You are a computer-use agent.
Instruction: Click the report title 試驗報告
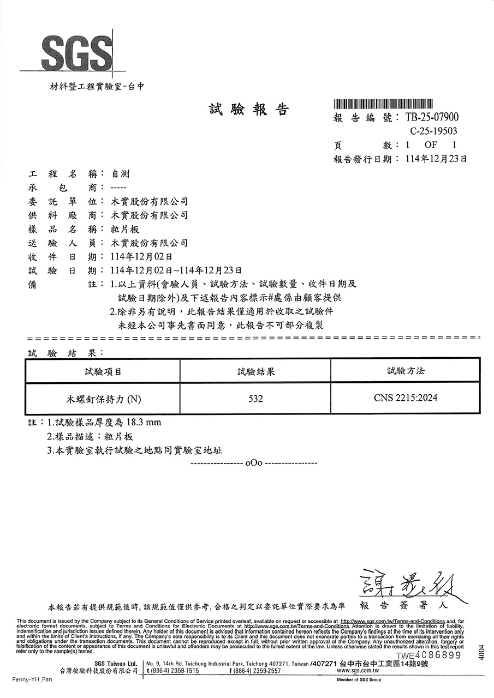tap(248, 110)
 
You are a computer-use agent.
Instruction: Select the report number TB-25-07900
tap(432, 117)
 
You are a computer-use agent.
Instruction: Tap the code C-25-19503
tap(433, 131)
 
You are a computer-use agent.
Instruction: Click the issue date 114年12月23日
tap(436, 159)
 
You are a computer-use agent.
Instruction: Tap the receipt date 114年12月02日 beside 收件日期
tap(141, 256)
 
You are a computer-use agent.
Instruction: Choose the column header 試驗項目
tap(103, 371)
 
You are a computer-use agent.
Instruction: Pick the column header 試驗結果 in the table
tap(255, 371)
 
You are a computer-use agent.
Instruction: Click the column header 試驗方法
tap(405, 371)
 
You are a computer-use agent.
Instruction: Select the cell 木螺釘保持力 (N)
tap(103, 399)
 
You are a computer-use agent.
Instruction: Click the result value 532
tap(255, 399)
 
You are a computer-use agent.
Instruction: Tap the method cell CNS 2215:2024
tap(405, 398)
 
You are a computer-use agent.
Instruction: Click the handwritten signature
tap(407, 585)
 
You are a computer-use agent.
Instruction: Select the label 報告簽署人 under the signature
tap(403, 605)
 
